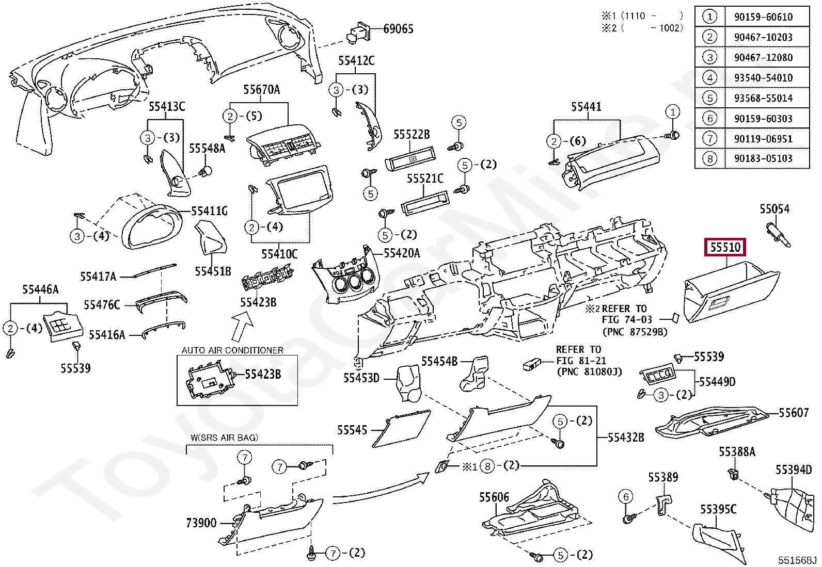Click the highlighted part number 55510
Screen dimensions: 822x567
(725, 247)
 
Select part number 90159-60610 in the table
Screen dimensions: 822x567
(763, 17)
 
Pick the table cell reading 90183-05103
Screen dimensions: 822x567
(763, 158)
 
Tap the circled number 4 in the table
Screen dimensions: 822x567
(710, 78)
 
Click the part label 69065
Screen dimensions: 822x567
(399, 29)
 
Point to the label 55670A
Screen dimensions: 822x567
(262, 89)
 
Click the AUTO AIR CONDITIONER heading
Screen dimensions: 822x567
(232, 350)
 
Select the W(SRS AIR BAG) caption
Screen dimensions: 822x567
(224, 438)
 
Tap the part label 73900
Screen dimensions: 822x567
(201, 523)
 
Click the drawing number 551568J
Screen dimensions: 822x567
(797, 560)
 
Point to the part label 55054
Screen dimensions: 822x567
(774, 209)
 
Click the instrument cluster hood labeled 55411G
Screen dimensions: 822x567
(152, 227)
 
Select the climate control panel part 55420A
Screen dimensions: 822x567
(345, 275)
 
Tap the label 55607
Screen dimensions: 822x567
(794, 413)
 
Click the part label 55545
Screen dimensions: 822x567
(352, 430)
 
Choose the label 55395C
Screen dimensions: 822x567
(718, 509)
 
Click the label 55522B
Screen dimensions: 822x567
(412, 135)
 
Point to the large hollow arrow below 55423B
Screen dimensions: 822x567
(242, 326)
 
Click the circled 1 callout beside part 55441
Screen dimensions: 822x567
(673, 112)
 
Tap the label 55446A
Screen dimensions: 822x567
(40, 289)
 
